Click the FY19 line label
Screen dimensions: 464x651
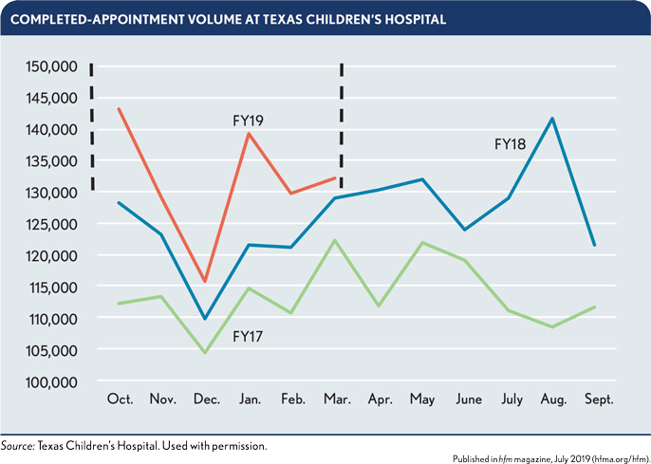248,121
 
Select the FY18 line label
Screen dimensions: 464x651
511,144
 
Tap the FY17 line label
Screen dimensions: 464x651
248,336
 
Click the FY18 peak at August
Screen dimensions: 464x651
551,119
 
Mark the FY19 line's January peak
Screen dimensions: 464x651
248,134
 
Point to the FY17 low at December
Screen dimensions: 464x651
204,353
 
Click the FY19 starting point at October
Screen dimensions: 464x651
119,108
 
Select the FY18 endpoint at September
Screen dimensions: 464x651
595,246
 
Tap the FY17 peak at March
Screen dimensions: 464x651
335,240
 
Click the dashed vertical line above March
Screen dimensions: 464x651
342,123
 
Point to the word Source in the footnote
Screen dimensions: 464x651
17,444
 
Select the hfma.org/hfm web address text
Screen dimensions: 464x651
612,455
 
